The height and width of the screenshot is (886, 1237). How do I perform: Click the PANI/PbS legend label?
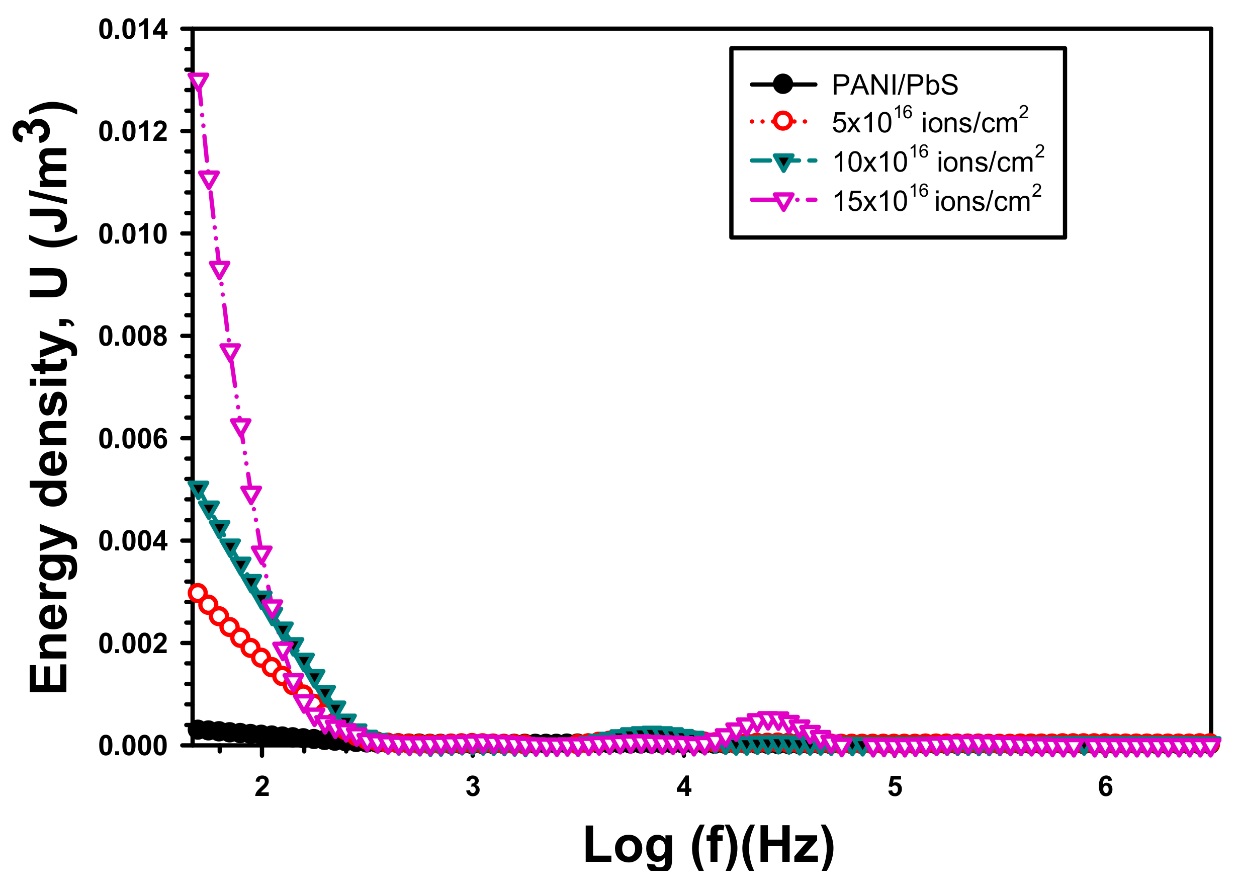pyautogui.click(x=894, y=85)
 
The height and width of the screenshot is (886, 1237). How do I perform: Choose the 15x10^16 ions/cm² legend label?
pyautogui.click(x=936, y=200)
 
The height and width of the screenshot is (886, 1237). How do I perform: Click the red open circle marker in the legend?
pyautogui.click(x=782, y=121)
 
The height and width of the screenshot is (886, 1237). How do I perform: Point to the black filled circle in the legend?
pyautogui.click(x=782, y=85)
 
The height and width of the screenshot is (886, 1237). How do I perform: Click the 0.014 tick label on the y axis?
pyautogui.click(x=133, y=30)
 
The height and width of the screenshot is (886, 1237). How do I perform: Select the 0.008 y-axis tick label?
pyautogui.click(x=133, y=336)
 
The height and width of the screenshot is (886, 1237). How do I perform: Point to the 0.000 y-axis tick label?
pyautogui.click(x=133, y=746)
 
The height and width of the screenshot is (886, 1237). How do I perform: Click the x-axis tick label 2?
pyautogui.click(x=262, y=787)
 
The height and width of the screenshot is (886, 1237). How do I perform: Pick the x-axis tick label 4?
pyautogui.click(x=684, y=787)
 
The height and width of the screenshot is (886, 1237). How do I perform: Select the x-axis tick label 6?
pyautogui.click(x=1105, y=787)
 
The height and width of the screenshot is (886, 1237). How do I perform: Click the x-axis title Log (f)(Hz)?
pyautogui.click(x=708, y=845)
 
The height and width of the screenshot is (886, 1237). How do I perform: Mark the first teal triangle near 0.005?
pyautogui.click(x=198, y=489)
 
